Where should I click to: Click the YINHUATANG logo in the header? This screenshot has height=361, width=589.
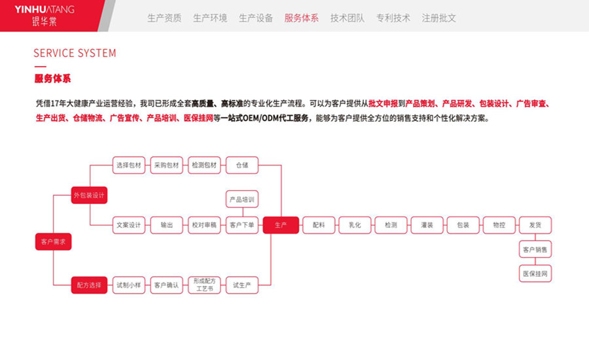pyautogui.click(x=45, y=15)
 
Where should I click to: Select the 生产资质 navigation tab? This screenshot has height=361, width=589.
pyautogui.click(x=164, y=18)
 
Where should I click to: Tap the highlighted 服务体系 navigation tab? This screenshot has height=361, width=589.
pyautogui.click(x=301, y=18)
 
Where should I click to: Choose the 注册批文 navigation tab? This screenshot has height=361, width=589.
pyautogui.click(x=438, y=18)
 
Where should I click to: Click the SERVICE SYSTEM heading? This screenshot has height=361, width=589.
pyautogui.click(x=75, y=53)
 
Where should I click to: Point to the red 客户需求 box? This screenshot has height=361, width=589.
pyautogui.click(x=54, y=242)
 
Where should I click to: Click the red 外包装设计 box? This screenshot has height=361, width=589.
pyautogui.click(x=90, y=195)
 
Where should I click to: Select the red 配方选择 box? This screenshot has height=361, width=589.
pyautogui.click(x=90, y=285)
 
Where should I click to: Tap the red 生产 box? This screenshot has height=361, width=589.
pyautogui.click(x=281, y=225)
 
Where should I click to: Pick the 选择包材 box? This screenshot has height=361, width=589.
pyautogui.click(x=129, y=165)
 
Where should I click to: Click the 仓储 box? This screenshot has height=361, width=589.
pyautogui.click(x=242, y=165)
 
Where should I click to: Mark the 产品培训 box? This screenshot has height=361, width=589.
pyautogui.click(x=242, y=199)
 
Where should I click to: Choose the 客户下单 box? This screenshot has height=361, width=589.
pyautogui.click(x=242, y=225)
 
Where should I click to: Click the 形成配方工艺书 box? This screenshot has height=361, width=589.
pyautogui.click(x=204, y=285)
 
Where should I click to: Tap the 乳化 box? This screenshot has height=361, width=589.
pyautogui.click(x=355, y=225)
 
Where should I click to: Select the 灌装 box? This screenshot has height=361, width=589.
pyautogui.click(x=427, y=225)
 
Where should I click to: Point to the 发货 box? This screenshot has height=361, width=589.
pyautogui.click(x=535, y=225)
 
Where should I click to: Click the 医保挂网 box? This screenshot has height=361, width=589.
pyautogui.click(x=535, y=274)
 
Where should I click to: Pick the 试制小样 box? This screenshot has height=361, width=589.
pyautogui.click(x=129, y=285)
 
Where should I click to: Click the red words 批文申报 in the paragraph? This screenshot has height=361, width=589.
pyautogui.click(x=383, y=103)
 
